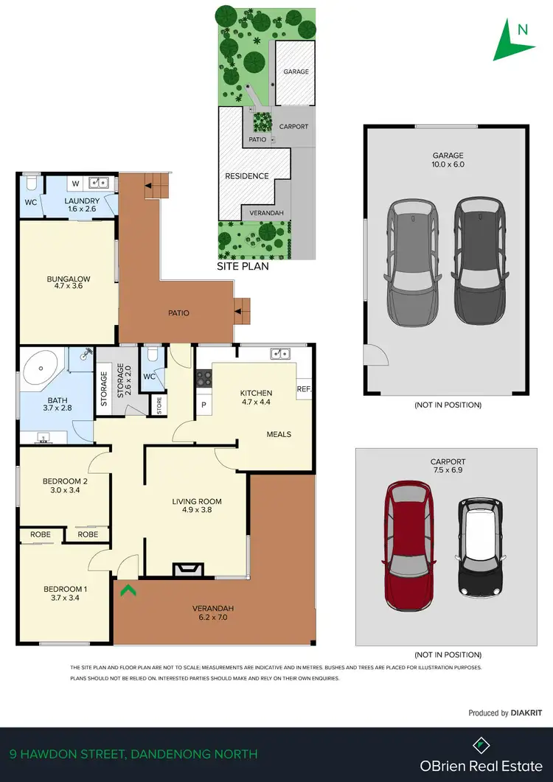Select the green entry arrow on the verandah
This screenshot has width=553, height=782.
[126, 589]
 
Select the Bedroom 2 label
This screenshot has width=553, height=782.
[66, 486]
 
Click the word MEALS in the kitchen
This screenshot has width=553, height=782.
[279, 435]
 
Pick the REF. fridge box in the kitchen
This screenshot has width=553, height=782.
[304, 388]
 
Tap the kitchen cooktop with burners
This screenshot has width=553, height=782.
[204, 380]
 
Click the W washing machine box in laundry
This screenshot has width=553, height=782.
[76, 183]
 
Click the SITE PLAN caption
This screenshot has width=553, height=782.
[243, 267]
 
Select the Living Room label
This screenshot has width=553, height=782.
[197, 506]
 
